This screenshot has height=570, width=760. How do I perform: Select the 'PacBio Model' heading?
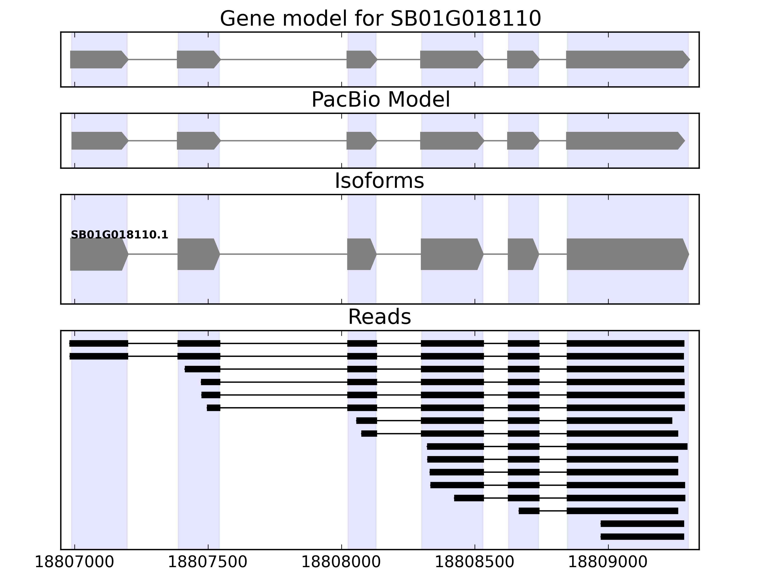pyautogui.click(x=380, y=100)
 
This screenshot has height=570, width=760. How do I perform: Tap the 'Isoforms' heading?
pyautogui.click(x=379, y=181)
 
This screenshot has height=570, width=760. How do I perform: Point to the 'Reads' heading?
pyautogui.click(x=379, y=317)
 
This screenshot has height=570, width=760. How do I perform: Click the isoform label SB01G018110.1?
pyautogui.click(x=119, y=235)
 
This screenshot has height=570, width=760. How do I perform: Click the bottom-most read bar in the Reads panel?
pyautogui.click(x=642, y=537)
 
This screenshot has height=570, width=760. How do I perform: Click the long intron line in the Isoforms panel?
pyautogui.click(x=283, y=254)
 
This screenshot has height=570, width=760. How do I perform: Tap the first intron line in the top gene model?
pyautogui.click(x=152, y=59)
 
